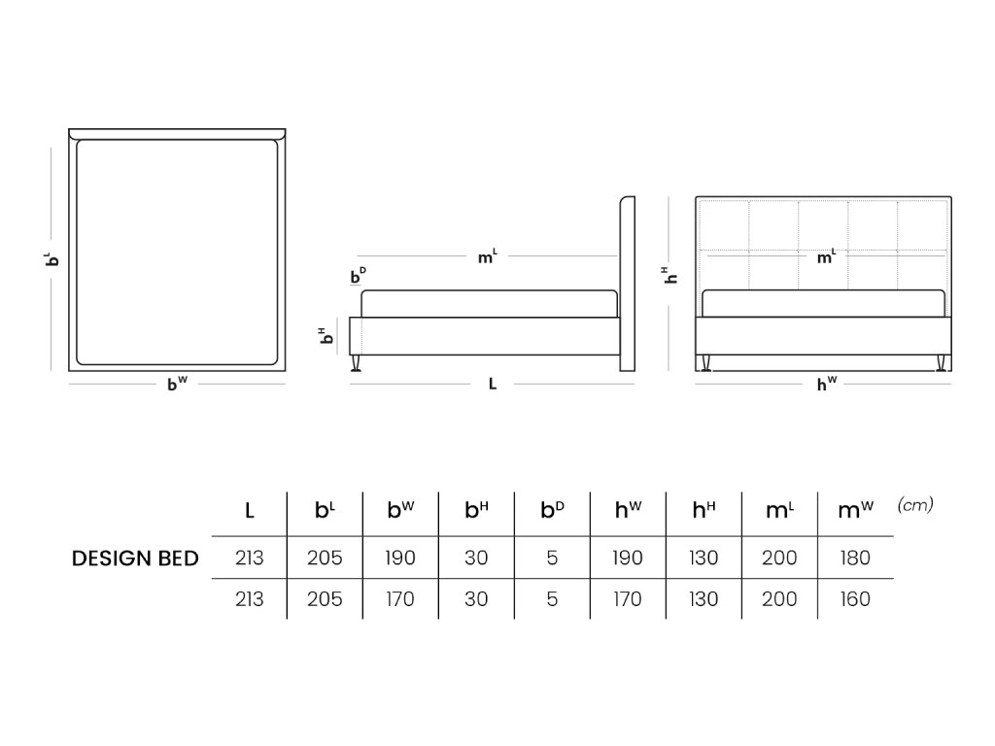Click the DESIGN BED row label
(135, 559)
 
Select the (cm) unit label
(915, 504)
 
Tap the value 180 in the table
(855, 559)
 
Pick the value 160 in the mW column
(855, 599)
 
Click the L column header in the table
(250, 510)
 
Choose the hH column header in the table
(704, 510)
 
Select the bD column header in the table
(552, 510)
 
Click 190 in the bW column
(400, 559)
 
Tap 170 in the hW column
(627, 599)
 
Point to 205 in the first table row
(325, 559)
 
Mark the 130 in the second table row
(703, 599)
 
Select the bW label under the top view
(177, 384)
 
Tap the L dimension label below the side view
(493, 385)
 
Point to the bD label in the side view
(358, 277)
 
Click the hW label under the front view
(826, 384)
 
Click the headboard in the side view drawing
(627, 282)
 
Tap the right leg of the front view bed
(941, 363)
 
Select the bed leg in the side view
(357, 363)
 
